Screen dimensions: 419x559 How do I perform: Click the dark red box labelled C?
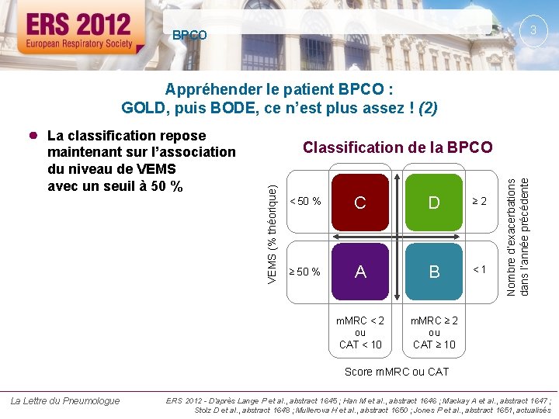[360, 203]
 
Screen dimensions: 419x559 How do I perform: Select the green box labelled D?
[434, 203]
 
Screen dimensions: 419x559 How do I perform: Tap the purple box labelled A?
[360, 272]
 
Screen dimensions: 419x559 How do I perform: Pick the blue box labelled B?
[434, 272]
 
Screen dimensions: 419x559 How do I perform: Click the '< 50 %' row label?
[305, 202]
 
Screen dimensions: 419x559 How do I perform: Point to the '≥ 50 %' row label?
[305, 272]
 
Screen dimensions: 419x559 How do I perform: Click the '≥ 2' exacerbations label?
[480, 202]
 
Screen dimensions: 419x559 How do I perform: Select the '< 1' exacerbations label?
[480, 269]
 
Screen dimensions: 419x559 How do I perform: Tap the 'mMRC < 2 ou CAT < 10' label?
[360, 333]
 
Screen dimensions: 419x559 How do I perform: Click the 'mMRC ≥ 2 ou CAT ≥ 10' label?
[434, 333]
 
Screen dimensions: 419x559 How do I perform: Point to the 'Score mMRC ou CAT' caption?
[397, 372]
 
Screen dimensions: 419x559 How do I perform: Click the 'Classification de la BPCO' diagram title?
[397, 147]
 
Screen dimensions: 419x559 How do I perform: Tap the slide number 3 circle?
[533, 30]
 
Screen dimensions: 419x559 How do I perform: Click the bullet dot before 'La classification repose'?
[33, 135]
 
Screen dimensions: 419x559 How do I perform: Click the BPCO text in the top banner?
[189, 36]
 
